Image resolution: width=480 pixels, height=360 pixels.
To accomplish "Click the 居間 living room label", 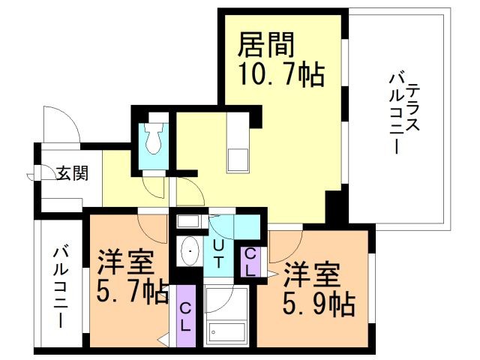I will (265, 46).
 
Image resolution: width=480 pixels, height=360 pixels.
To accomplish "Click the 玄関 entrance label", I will (73, 173).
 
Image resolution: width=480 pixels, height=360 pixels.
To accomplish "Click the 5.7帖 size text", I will (131, 291).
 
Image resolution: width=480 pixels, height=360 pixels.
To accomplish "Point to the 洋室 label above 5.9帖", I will (311, 274).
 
